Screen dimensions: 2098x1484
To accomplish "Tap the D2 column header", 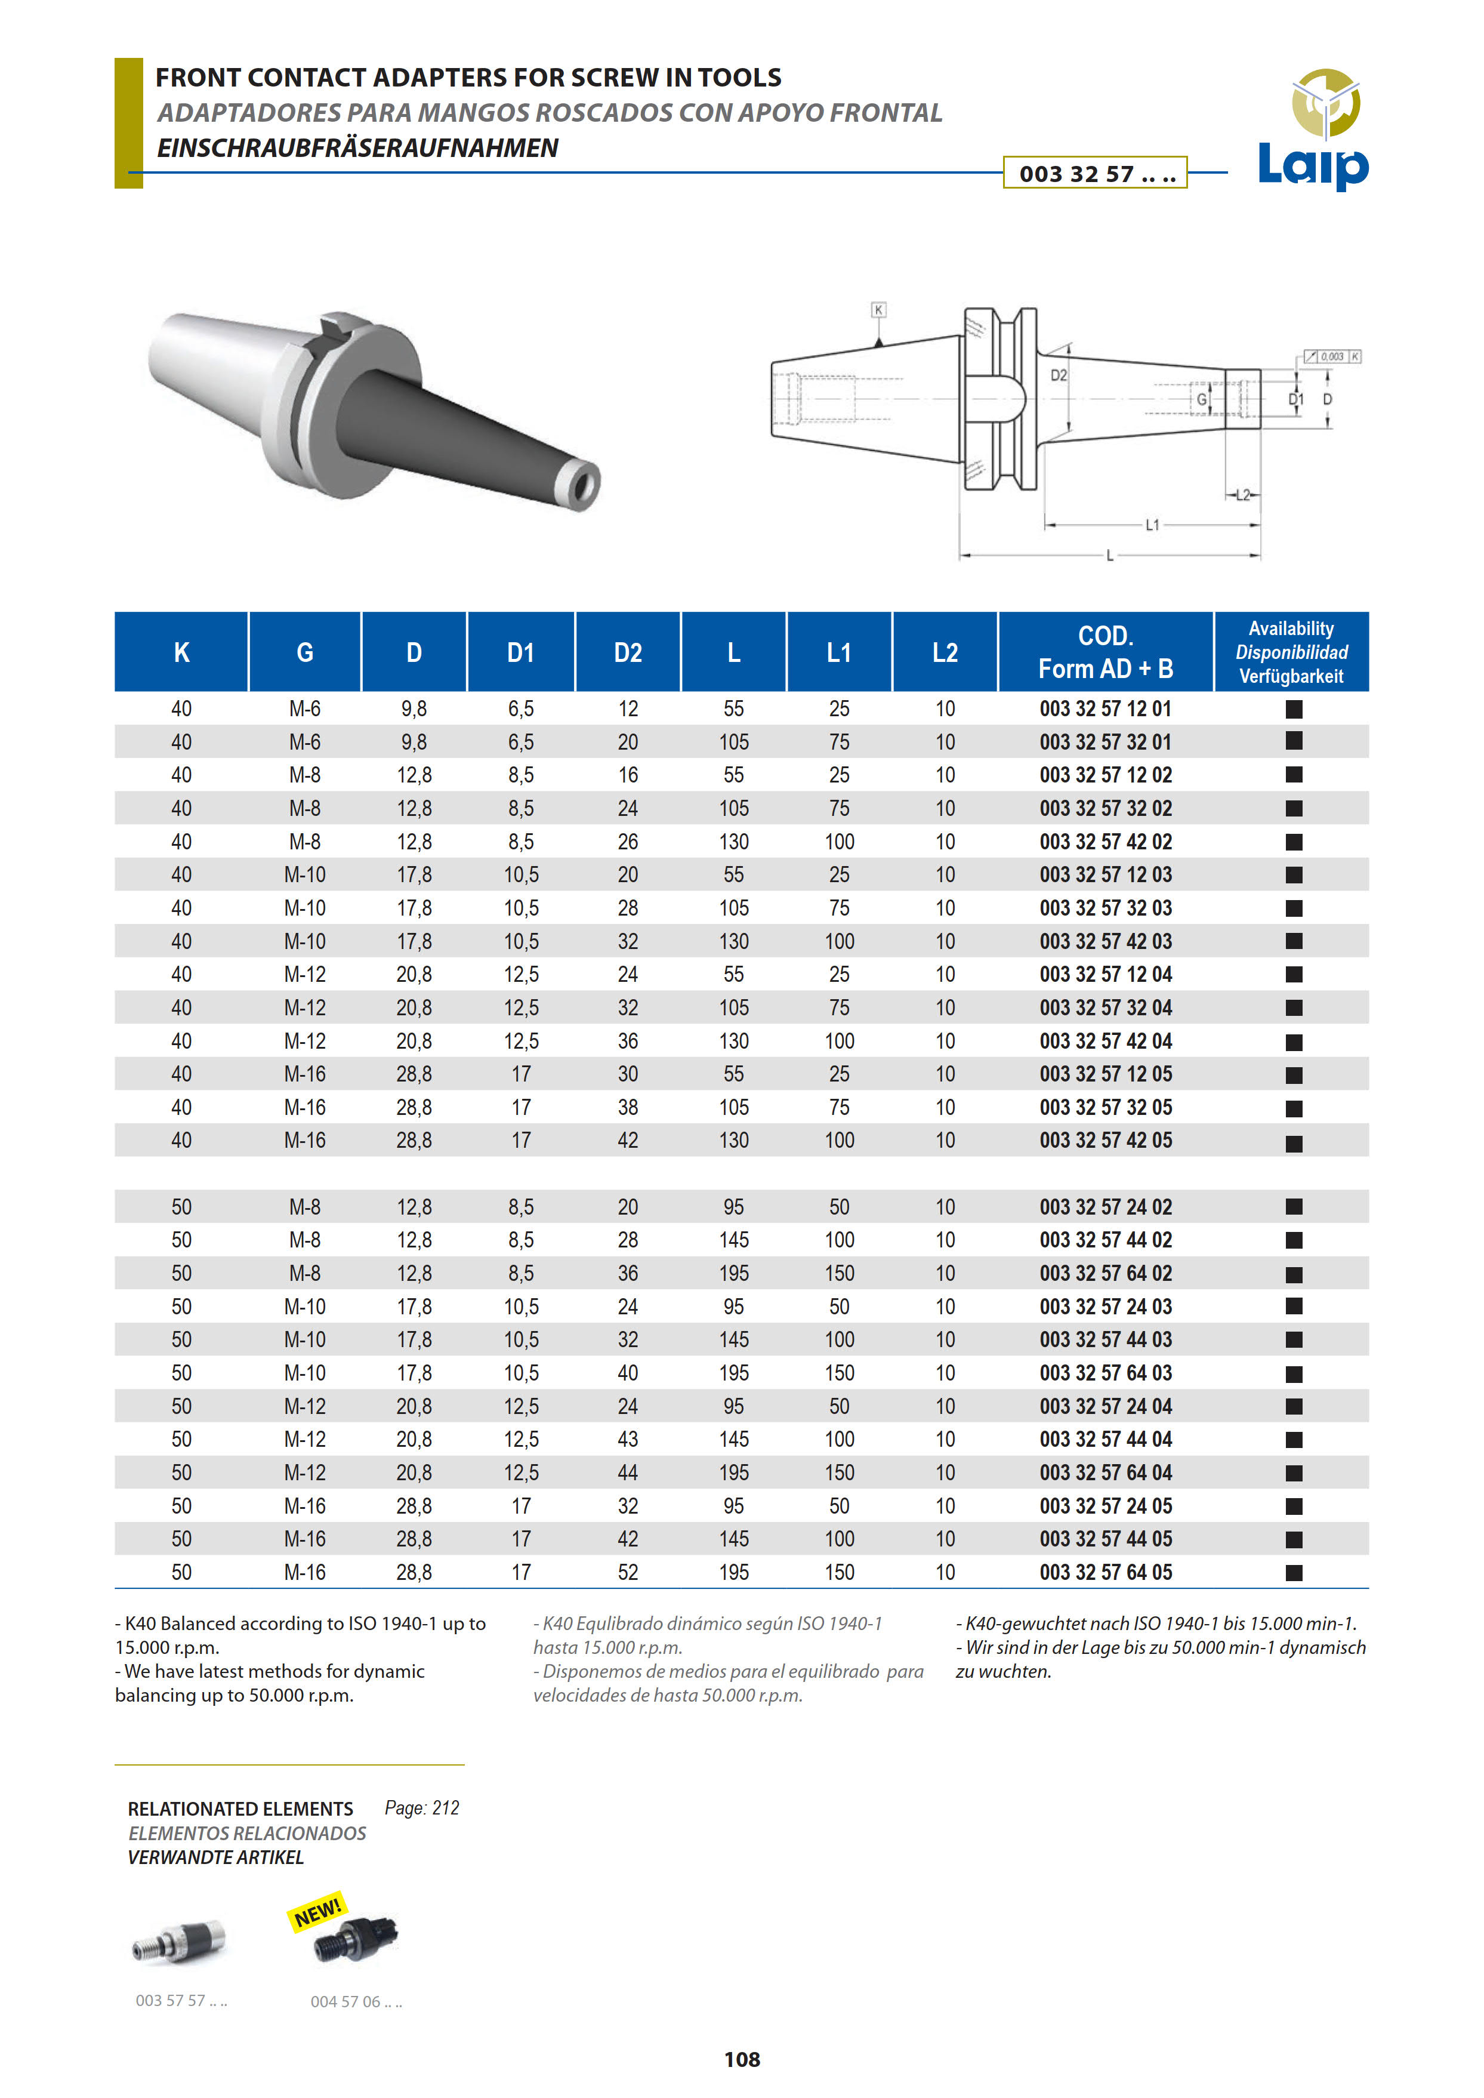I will click(628, 653).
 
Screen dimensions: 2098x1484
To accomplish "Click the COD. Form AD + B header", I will click(1106, 653).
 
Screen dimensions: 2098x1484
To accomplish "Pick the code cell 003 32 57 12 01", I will click(1106, 710).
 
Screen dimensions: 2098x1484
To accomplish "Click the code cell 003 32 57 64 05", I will click(1106, 1572).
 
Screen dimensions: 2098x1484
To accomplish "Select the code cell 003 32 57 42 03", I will click(1106, 942).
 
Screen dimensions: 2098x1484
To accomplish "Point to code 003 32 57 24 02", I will click(1106, 1207).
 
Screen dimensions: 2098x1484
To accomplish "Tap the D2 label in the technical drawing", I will click(1058, 375).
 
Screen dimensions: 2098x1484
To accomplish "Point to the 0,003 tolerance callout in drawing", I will click(1331, 356).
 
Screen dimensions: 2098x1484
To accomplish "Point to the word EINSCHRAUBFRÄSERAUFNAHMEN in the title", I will click(357, 148).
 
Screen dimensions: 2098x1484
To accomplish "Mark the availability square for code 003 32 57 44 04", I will click(1294, 1440).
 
